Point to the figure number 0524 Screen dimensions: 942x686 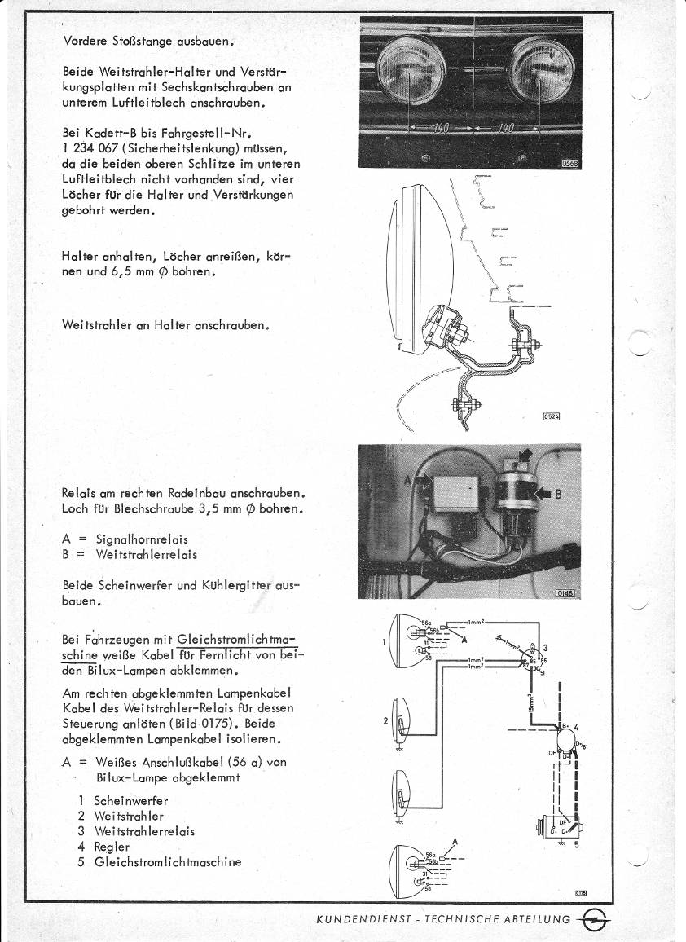[552, 417]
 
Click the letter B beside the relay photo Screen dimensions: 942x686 [559, 494]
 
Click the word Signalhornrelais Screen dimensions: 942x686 [142, 539]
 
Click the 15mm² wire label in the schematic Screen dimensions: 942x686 [530, 702]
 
